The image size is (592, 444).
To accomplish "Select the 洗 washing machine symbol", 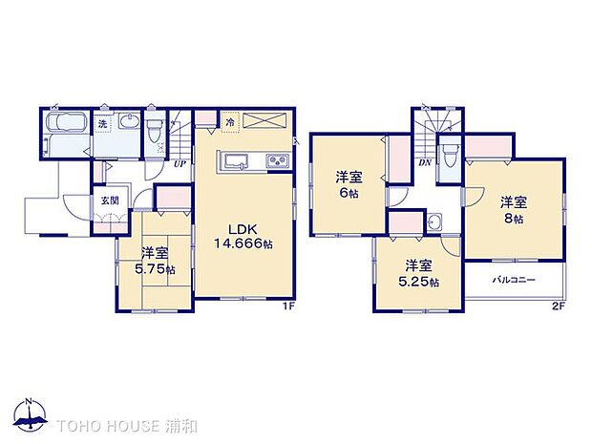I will coord(102,123).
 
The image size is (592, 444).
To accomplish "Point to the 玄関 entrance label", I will coord(110,201).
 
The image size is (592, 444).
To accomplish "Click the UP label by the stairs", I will coord(179,163).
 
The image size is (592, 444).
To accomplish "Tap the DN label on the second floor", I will coord(424,163).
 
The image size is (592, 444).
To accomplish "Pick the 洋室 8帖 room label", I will coord(514,210).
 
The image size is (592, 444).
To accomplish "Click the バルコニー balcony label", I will coord(514,280).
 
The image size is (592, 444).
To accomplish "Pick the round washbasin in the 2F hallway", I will coord(434,222).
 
